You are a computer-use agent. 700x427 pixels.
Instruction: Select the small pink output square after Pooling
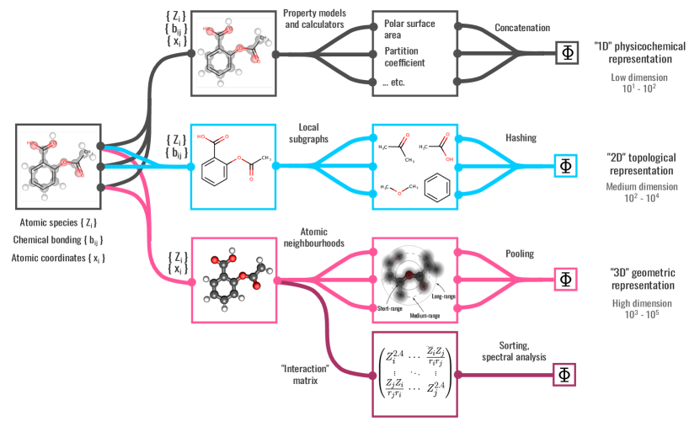pyautogui.click(x=565, y=279)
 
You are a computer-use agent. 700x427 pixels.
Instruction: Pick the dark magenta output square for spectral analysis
pyautogui.click(x=564, y=374)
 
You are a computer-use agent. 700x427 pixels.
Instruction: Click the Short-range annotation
pyautogui.click(x=394, y=310)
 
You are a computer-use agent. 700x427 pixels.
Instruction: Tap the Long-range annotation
pyautogui.click(x=443, y=296)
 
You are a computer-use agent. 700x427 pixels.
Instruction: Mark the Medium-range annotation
pyautogui.click(x=425, y=316)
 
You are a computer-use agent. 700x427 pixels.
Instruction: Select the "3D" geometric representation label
pyautogui.click(x=640, y=277)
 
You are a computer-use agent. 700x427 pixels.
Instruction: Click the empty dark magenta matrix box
pyautogui.click(x=414, y=373)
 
